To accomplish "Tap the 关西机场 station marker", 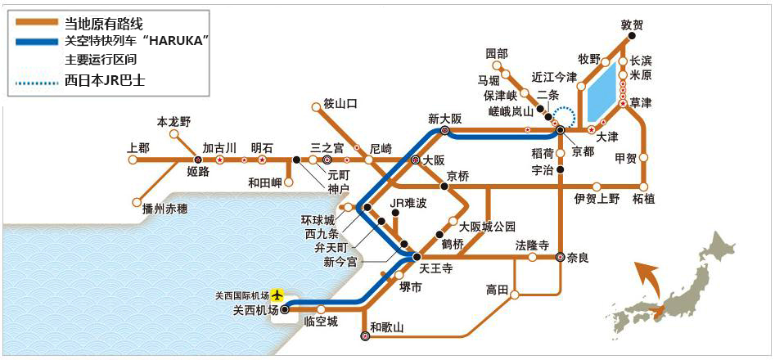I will pyautogui.click(x=284, y=310).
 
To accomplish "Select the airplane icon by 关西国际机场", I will pyautogui.click(x=278, y=294).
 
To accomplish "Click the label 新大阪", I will pyautogui.click(x=445, y=118).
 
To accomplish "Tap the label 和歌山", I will pyautogui.click(x=388, y=327).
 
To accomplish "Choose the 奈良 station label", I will pyautogui.click(x=578, y=258).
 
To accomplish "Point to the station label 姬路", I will pyautogui.click(x=199, y=171).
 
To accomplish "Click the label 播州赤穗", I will pyautogui.click(x=164, y=209).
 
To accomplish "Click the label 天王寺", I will pyautogui.click(x=436, y=268).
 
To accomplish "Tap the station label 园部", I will pyautogui.click(x=497, y=54).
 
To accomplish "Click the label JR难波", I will pyautogui.click(x=408, y=203).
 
